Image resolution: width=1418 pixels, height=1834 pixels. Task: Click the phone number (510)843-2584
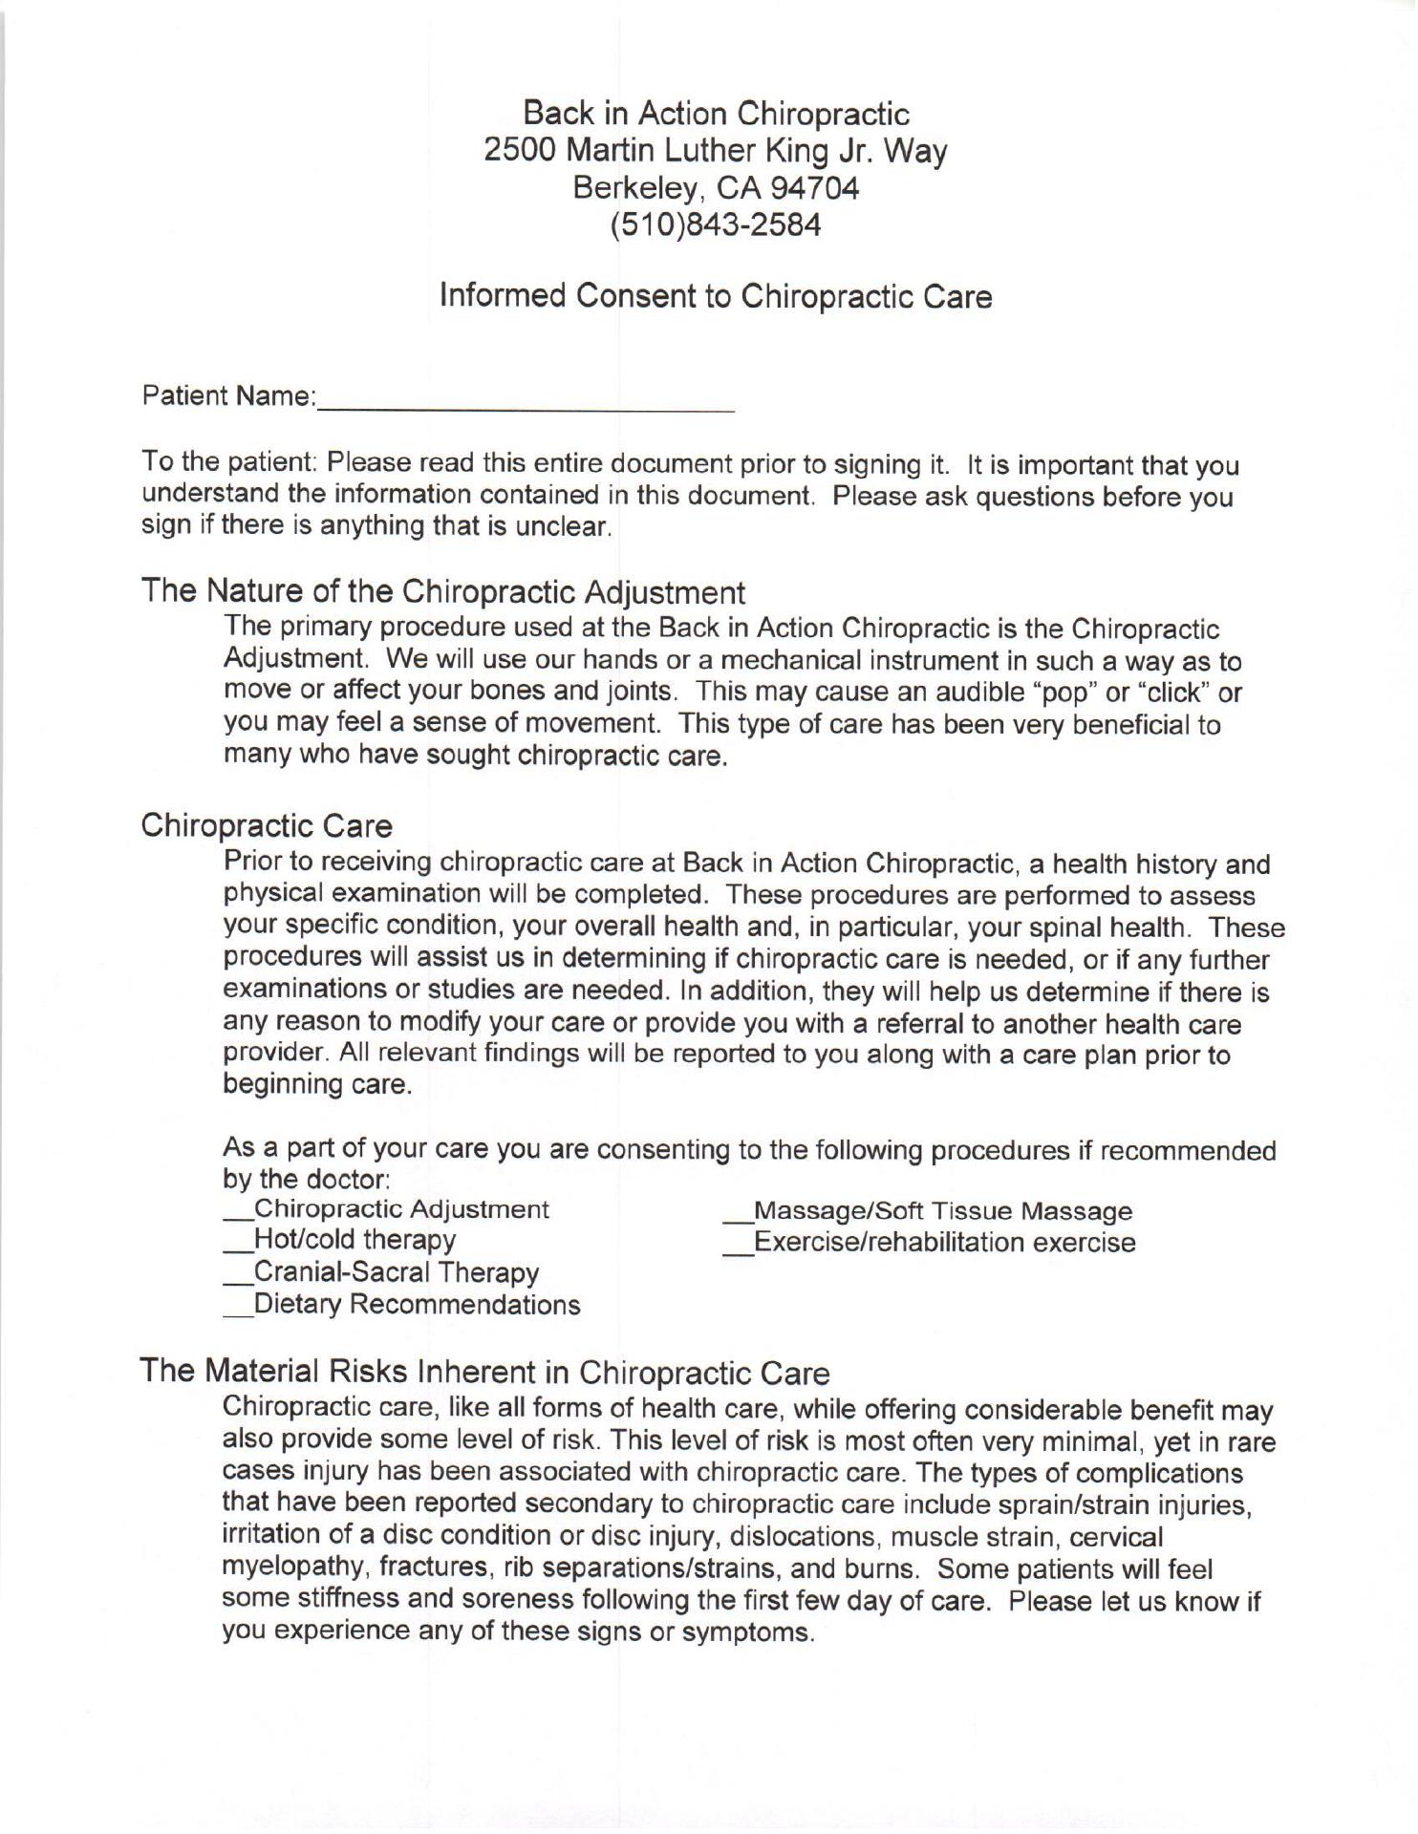pyautogui.click(x=716, y=225)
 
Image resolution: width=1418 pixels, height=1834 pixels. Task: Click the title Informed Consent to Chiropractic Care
pyautogui.click(x=716, y=296)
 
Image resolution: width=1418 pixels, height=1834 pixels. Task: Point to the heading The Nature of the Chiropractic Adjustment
pyautogui.click(x=443, y=592)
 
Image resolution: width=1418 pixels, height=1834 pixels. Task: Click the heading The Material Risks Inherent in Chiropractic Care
pyautogui.click(x=485, y=1373)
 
